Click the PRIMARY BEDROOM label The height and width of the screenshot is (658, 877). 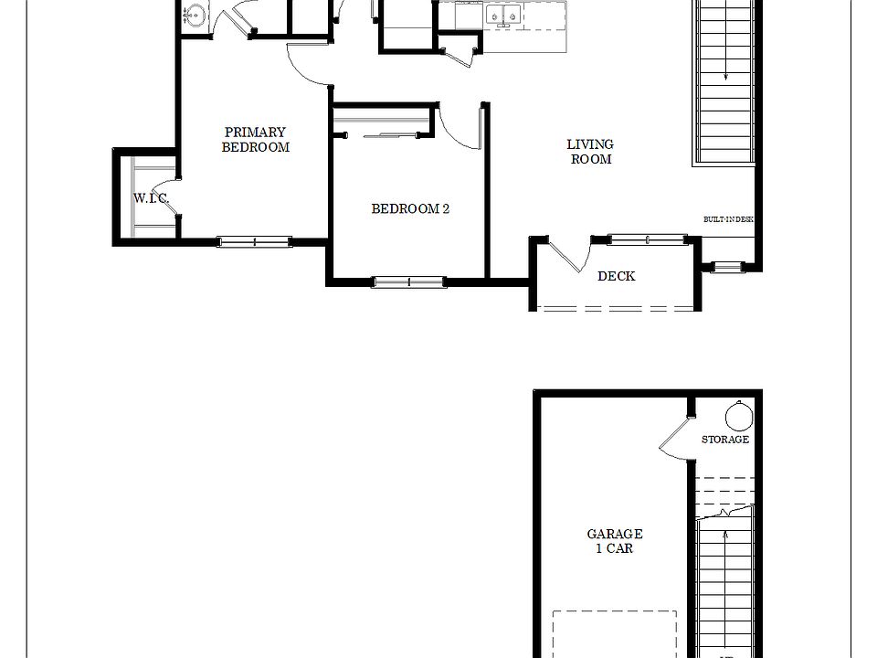(256, 140)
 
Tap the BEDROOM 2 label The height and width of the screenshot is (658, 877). (410, 208)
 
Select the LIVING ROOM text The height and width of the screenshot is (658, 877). (590, 152)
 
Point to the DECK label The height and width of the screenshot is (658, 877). (616, 276)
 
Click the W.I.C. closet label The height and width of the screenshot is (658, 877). (150, 197)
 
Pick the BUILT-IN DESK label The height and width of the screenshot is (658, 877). (728, 220)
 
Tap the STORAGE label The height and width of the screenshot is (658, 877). (725, 440)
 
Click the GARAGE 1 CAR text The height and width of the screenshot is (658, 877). (615, 541)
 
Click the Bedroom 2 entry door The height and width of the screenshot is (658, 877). (460, 128)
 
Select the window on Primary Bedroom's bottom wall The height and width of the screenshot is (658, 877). (254, 242)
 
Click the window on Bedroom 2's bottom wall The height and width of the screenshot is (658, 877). (408, 281)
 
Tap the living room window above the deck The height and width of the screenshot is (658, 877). (648, 240)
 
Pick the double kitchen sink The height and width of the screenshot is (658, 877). (502, 15)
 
